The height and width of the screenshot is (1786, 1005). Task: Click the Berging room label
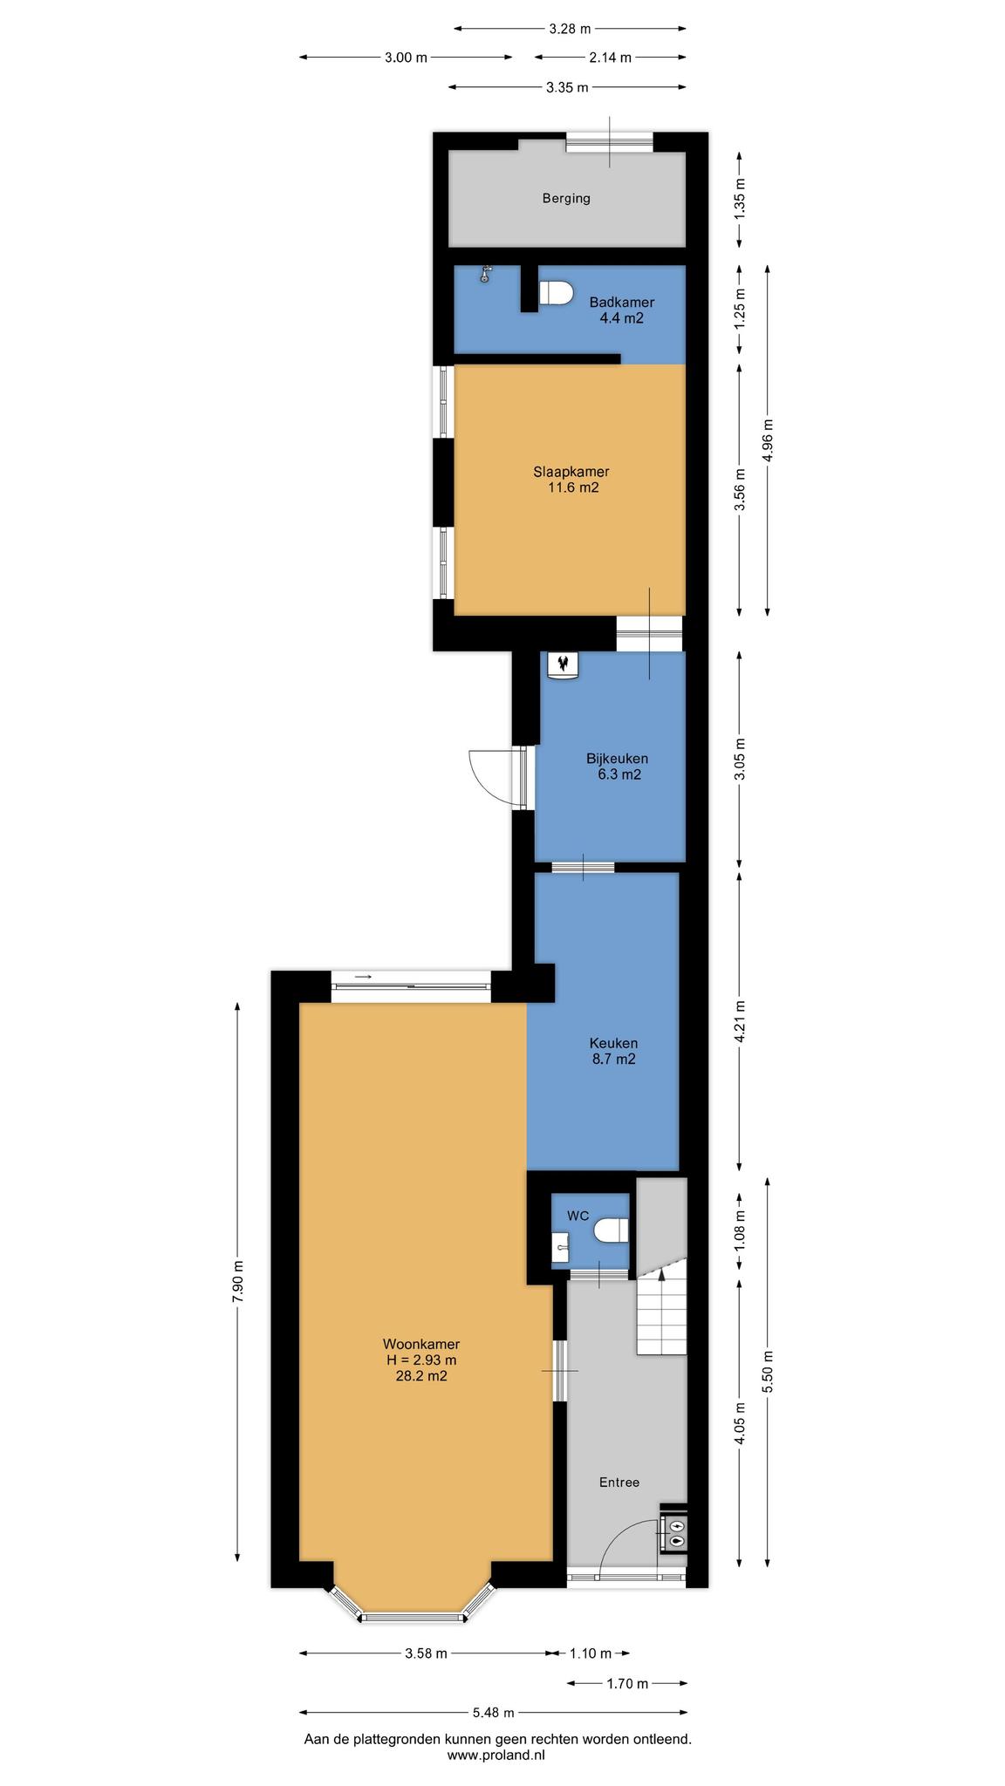(566, 198)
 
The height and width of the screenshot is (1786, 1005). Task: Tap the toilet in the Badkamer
(555, 293)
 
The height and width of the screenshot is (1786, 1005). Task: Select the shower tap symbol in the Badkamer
(486, 275)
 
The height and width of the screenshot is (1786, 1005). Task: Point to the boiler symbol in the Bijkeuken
(563, 665)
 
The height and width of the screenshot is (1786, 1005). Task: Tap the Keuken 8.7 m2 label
(613, 1051)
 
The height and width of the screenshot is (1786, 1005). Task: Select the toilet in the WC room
(612, 1230)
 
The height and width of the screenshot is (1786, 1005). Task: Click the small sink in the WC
(560, 1247)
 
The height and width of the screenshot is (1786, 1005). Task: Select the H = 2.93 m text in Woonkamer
(421, 1360)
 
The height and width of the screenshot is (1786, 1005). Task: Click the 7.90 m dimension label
(238, 1282)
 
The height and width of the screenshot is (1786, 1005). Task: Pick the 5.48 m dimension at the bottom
(493, 1712)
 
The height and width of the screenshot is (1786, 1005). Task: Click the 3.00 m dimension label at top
(407, 58)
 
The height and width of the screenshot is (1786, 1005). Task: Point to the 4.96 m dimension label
(768, 442)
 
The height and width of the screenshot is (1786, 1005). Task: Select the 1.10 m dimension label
(591, 1653)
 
